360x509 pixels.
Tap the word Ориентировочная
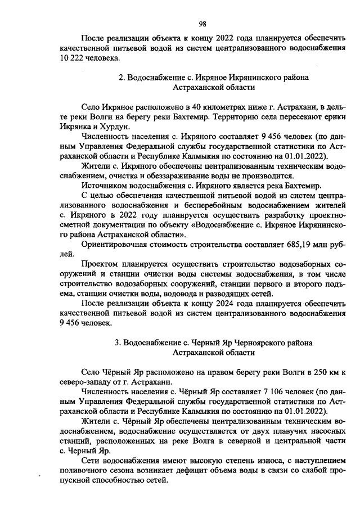click(x=115, y=245)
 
